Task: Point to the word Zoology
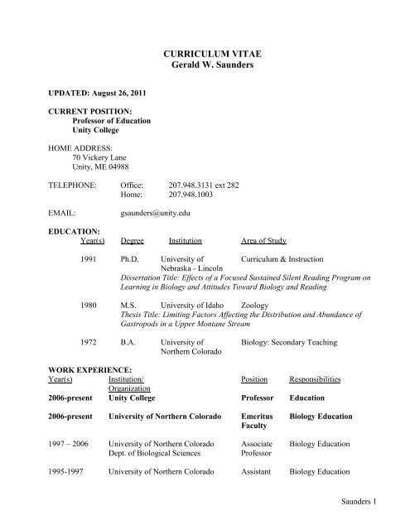259,305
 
